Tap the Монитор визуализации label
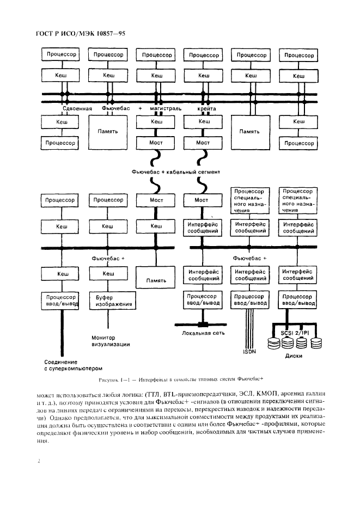click(109, 341)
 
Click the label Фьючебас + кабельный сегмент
click(176, 172)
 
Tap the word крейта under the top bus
click(206, 109)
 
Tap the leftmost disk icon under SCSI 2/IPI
click(274, 343)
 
